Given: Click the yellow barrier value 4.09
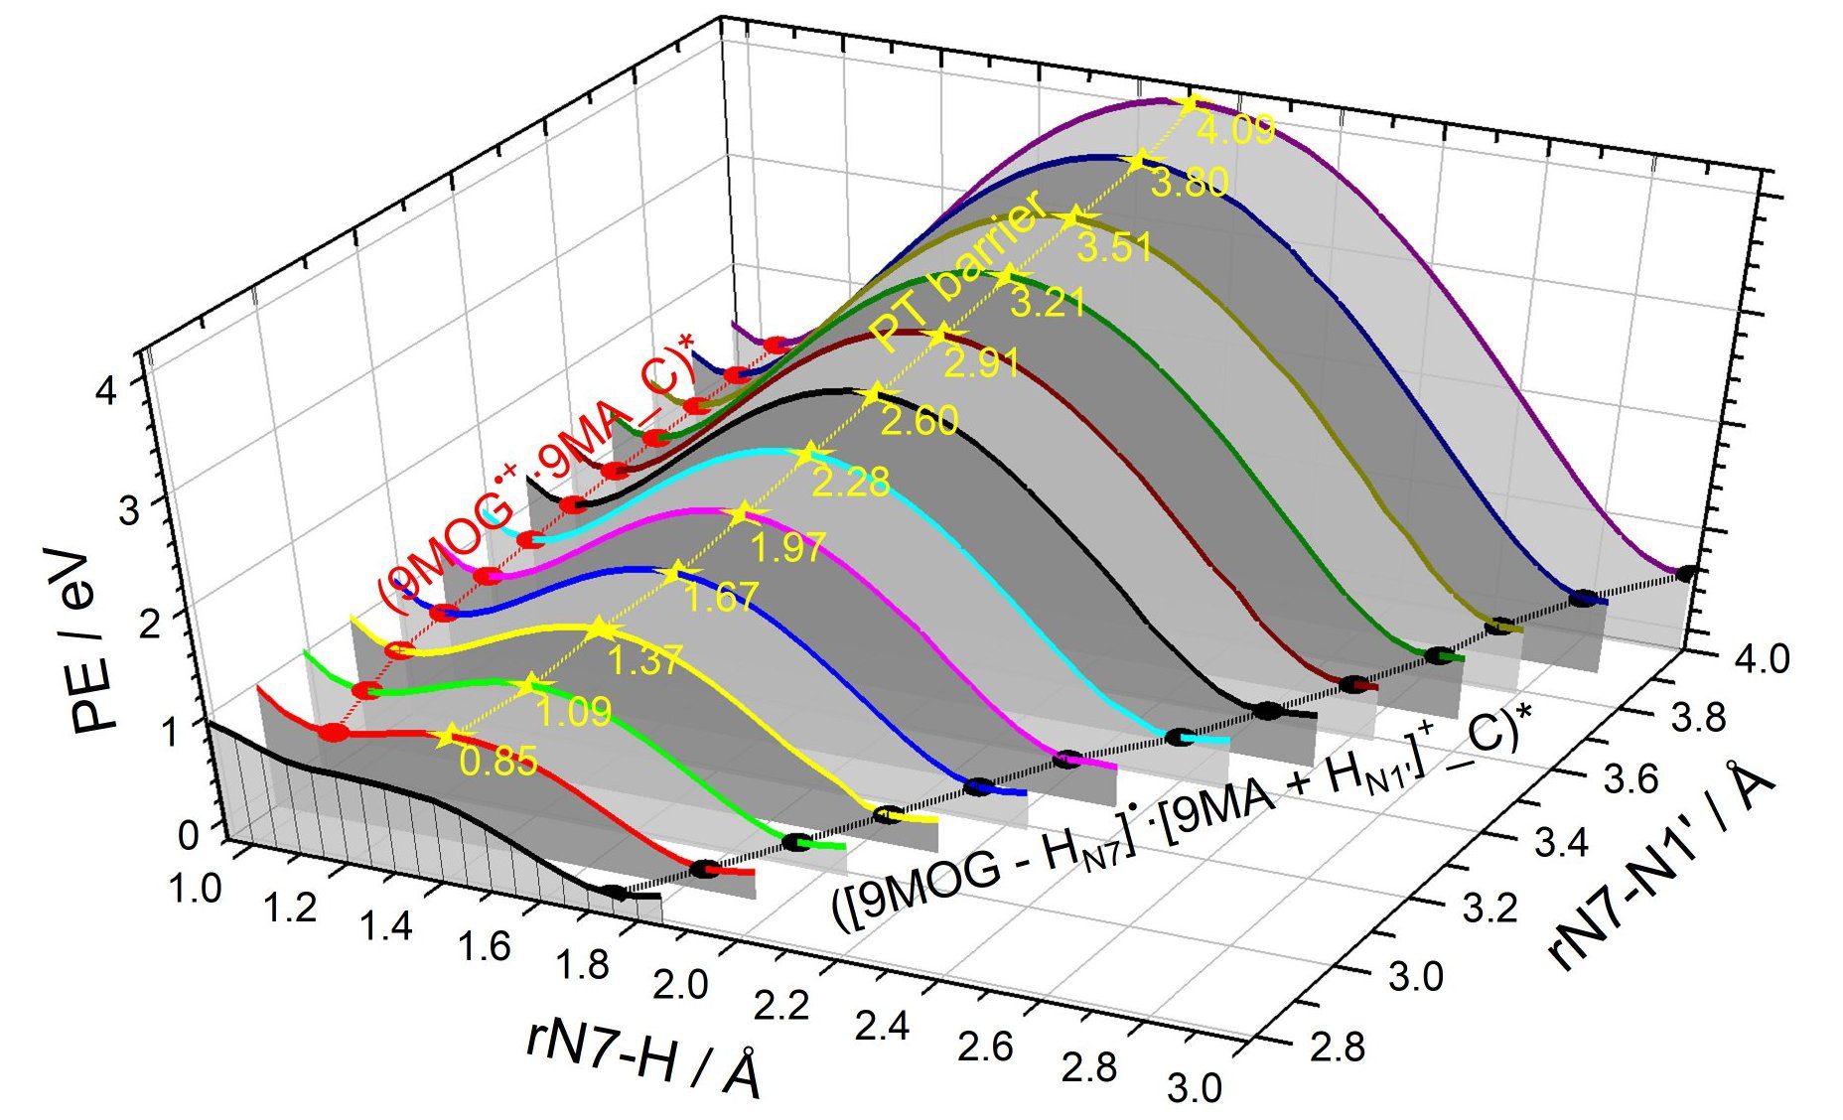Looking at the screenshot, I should point(1234,130).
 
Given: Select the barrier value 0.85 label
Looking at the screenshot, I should point(498,761).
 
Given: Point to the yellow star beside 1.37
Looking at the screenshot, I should point(599,629).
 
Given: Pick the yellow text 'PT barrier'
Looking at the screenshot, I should point(957,269).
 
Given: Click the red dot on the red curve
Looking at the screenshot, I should point(334,733).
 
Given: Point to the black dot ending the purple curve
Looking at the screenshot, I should point(1685,573).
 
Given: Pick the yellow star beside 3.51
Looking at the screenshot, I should point(1070,219).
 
